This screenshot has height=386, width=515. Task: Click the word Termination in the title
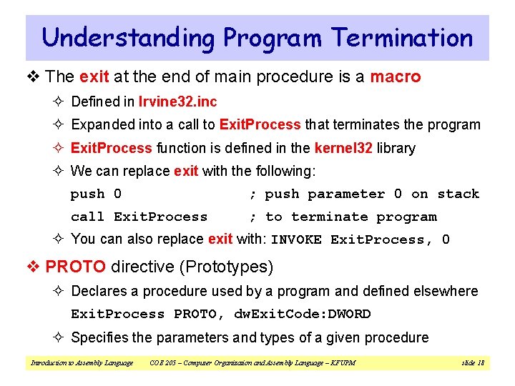403,38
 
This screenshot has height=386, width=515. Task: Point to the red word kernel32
340,148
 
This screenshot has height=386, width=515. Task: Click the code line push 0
96,194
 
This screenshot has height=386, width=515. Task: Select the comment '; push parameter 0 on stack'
363,194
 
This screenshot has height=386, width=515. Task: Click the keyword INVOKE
296,240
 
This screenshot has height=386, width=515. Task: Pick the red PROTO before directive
75,267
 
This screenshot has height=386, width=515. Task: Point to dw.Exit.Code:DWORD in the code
303,314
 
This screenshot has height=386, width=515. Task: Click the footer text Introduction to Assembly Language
82,363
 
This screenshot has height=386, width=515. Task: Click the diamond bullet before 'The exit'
34,77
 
